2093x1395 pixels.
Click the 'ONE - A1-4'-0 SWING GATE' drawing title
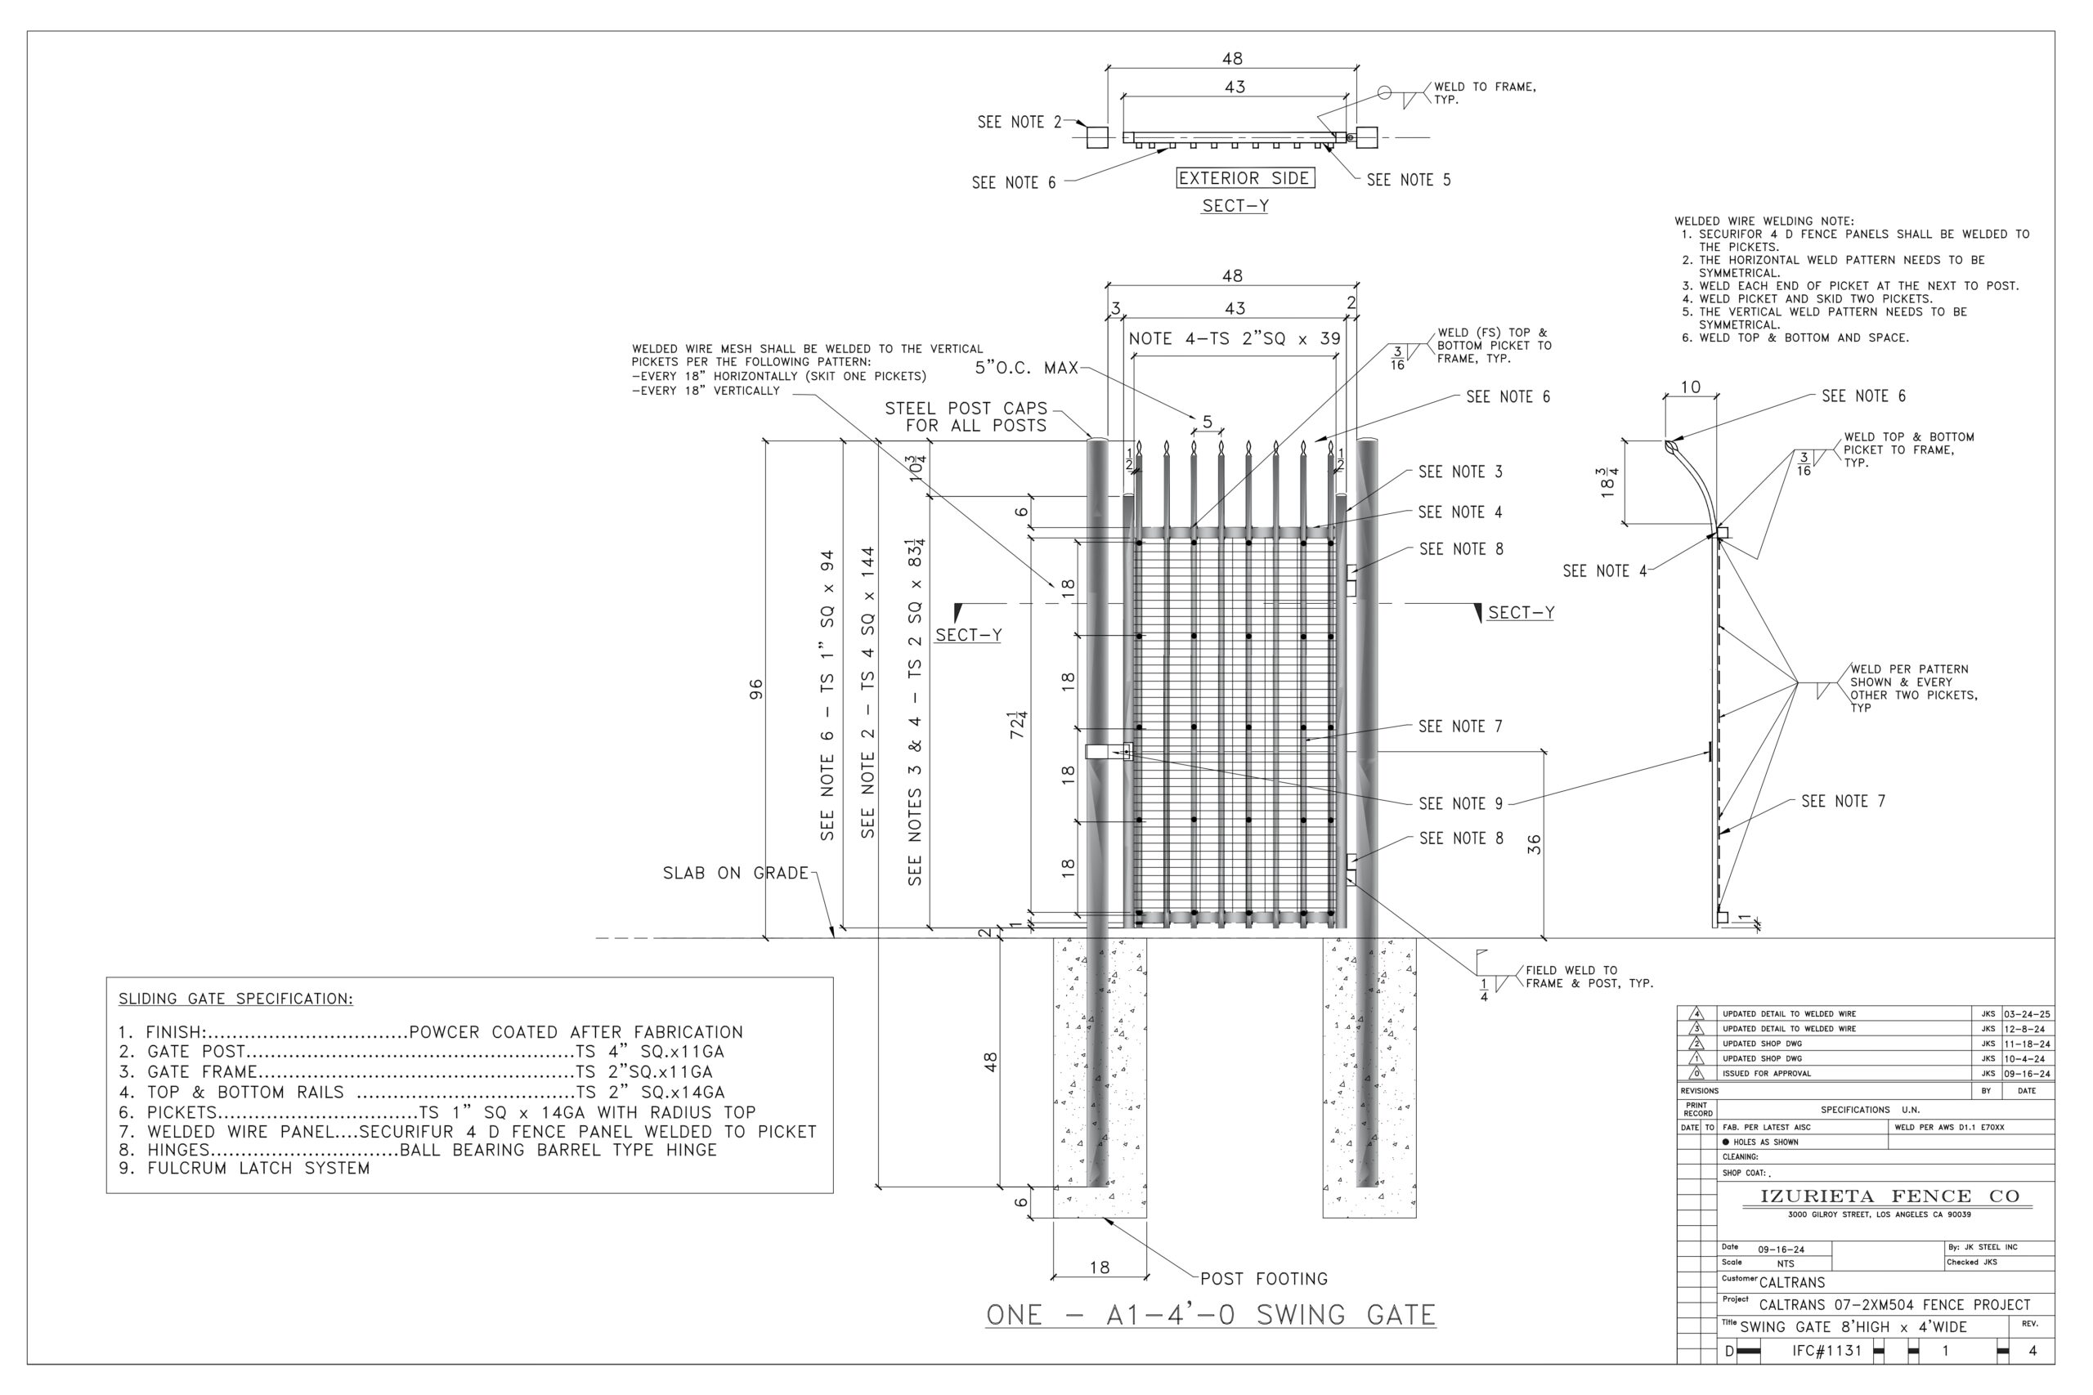coord(1210,1315)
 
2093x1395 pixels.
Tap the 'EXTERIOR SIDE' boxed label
coord(1244,178)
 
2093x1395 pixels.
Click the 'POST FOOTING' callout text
coord(1264,1279)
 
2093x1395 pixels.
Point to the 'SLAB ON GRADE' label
coord(735,873)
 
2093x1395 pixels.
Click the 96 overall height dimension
coord(755,689)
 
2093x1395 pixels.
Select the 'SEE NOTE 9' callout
coord(1460,803)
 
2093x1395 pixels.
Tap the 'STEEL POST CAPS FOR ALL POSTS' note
coord(966,416)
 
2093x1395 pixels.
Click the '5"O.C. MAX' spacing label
coord(1026,368)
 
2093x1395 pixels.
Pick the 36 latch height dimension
coord(1534,844)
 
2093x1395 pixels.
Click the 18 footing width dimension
coord(1100,1267)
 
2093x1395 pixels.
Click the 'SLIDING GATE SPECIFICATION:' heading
coord(235,998)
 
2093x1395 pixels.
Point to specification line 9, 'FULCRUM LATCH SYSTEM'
coord(244,1168)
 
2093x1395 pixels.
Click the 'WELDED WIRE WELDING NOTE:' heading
coord(1764,221)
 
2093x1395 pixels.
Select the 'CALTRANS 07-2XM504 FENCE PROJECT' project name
coord(1894,1305)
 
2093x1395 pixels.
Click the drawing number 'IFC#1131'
coord(1827,1351)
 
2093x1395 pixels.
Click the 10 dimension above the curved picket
coord(1691,387)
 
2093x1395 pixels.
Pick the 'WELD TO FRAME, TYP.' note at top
coord(1485,92)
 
